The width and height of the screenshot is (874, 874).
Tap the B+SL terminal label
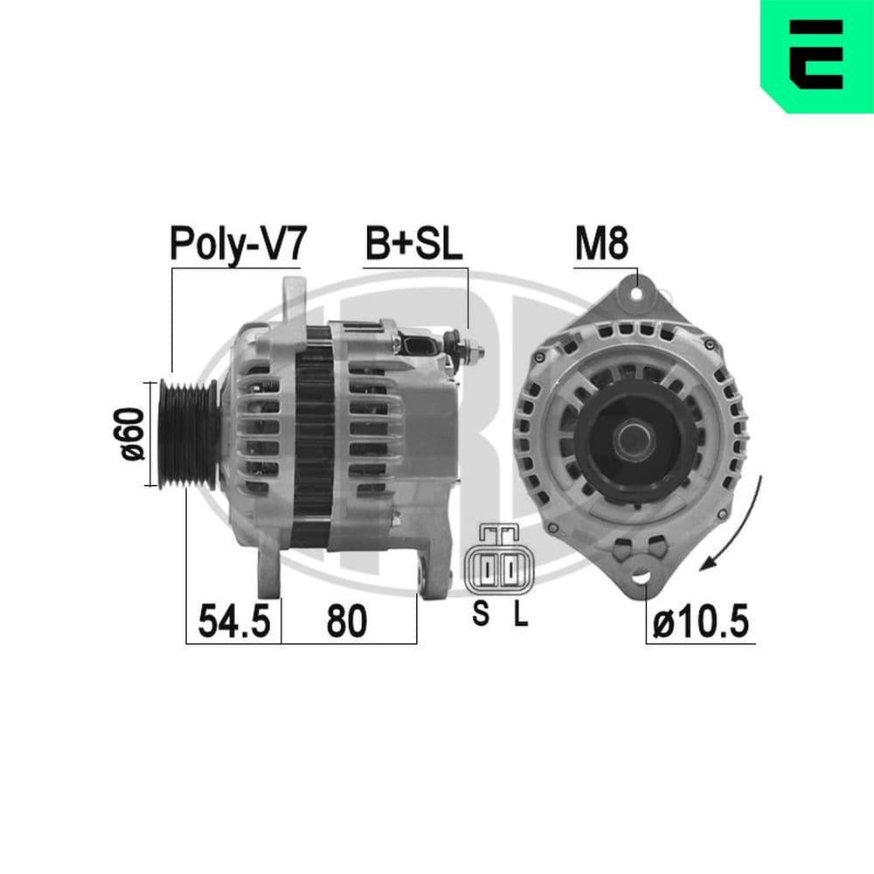[x=413, y=244]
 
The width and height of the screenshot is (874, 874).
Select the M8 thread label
[x=600, y=244]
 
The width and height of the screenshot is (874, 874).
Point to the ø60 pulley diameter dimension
[x=134, y=434]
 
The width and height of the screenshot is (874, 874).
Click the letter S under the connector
[x=481, y=614]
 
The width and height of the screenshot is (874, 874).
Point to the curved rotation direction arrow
[x=743, y=524]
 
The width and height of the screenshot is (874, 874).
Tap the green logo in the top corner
[x=817, y=56]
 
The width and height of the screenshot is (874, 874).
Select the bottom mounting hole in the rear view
[x=642, y=579]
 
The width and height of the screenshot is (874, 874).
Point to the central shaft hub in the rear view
[x=630, y=435]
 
